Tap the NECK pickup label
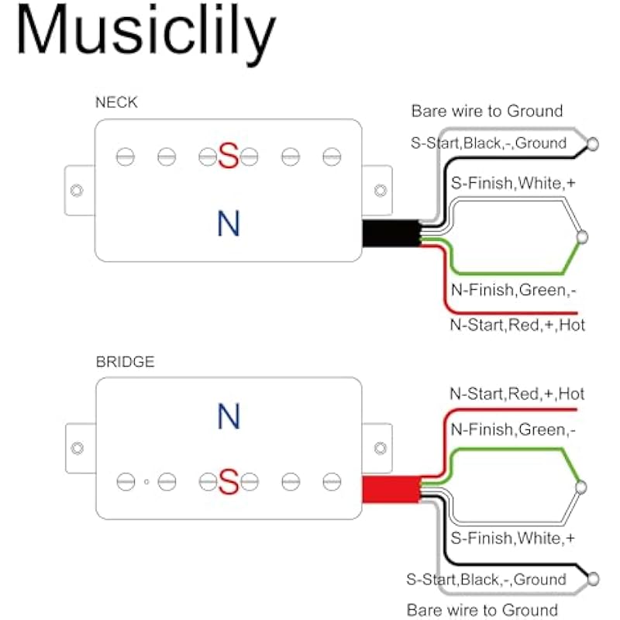(x=116, y=102)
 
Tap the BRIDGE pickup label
(x=125, y=361)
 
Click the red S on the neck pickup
(x=228, y=157)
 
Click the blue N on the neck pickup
(x=228, y=223)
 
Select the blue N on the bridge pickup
(x=228, y=417)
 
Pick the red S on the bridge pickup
(x=228, y=482)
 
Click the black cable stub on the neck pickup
(x=390, y=232)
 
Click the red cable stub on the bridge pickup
(x=390, y=488)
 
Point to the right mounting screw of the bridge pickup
(x=380, y=448)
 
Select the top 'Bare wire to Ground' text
(x=487, y=112)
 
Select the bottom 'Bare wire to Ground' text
(x=482, y=610)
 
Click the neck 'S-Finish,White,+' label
(x=512, y=184)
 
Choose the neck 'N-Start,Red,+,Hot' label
(x=518, y=325)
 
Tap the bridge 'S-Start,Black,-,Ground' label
(x=486, y=579)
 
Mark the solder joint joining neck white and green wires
(x=583, y=236)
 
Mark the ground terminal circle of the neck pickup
(x=593, y=143)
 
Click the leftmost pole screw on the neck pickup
(x=125, y=157)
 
